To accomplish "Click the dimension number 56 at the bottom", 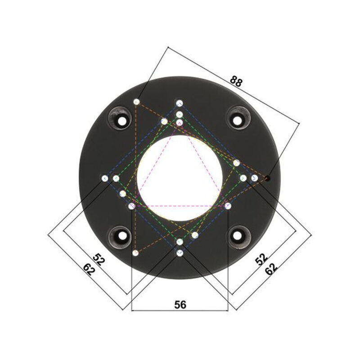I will tap(180, 305).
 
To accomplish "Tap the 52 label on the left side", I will tap(99, 261).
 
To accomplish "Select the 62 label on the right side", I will tap(271, 269).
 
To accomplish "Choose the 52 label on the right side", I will tap(261, 259).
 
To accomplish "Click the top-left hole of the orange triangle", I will tap(137, 102).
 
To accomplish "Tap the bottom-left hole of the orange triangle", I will tap(135, 253).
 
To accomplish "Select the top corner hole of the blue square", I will tap(180, 103).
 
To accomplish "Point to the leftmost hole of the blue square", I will tap(105, 179).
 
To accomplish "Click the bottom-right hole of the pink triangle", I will tap(228, 206).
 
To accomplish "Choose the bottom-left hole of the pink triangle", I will tap(131, 206).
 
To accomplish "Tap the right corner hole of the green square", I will tap(243, 178).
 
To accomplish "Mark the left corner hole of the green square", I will tap(116, 179).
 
